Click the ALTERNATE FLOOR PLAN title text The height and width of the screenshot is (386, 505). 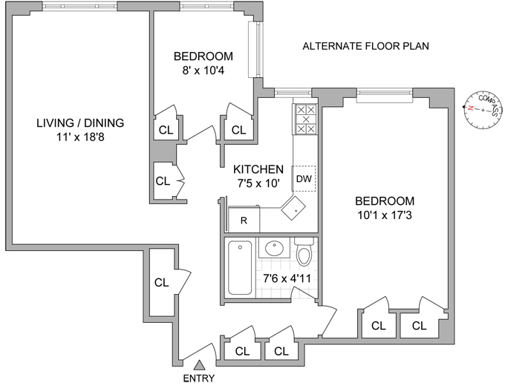[x=366, y=46]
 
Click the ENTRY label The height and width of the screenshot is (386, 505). [x=199, y=378]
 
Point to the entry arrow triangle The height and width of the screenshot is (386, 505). [x=199, y=364]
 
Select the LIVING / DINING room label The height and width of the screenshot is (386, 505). [x=80, y=122]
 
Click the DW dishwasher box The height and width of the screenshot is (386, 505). [x=304, y=178]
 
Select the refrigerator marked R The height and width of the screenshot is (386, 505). [x=243, y=220]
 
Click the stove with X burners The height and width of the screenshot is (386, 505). [x=304, y=119]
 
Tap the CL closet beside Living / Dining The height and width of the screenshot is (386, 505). [x=163, y=180]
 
